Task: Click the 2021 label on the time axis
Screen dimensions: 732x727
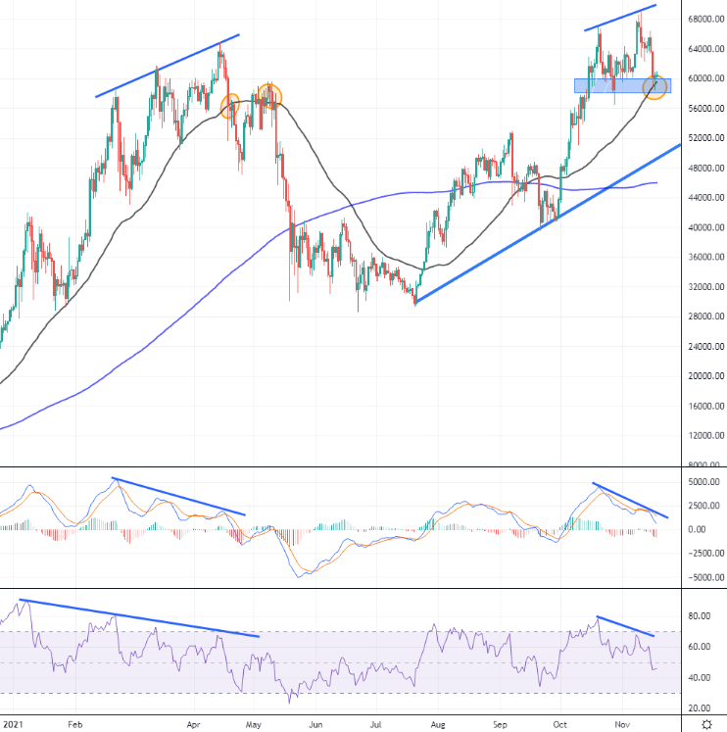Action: (13, 725)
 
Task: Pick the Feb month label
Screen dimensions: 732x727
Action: (75, 725)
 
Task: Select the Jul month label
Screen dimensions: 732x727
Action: (376, 725)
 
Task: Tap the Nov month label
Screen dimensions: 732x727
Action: (619, 725)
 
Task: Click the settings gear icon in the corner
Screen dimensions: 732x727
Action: (707, 725)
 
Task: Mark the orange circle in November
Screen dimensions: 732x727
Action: (655, 87)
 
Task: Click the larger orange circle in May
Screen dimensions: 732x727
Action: (268, 96)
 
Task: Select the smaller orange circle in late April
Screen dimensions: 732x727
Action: (231, 106)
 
